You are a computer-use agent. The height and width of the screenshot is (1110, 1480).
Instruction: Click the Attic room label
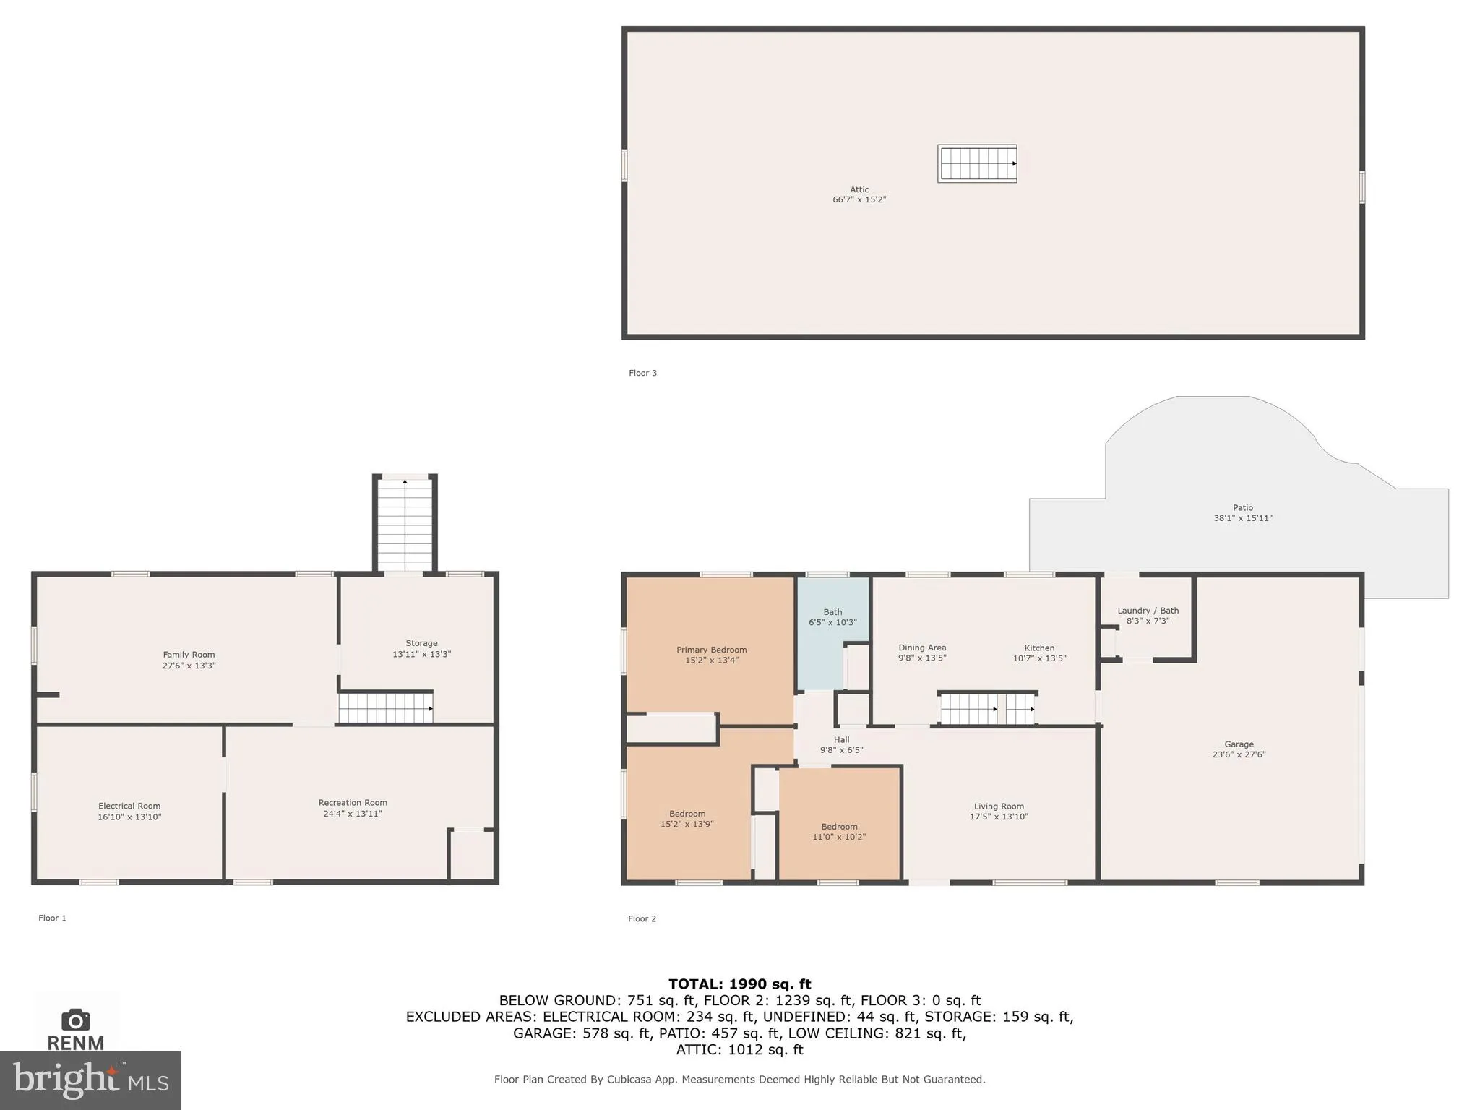(x=859, y=189)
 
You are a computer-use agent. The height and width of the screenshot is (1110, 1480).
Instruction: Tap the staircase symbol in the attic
(x=977, y=163)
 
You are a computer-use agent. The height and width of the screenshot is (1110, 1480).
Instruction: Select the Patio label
(x=1242, y=507)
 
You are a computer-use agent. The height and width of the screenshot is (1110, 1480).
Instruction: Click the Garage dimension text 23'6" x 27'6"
(x=1239, y=754)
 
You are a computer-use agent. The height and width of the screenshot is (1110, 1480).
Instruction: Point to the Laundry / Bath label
(x=1148, y=611)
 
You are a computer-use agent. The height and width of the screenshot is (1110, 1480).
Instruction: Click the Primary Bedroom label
(x=711, y=650)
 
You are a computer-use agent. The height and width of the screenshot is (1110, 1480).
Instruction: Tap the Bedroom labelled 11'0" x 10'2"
(x=839, y=832)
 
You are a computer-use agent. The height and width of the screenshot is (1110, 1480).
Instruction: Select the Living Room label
(x=999, y=806)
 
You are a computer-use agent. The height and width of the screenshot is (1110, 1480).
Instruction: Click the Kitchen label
(x=1039, y=648)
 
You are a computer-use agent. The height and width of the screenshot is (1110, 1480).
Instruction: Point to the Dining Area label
(x=922, y=648)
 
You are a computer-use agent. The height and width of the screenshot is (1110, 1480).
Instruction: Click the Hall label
(x=841, y=739)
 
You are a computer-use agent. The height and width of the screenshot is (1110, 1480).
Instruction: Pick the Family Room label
(x=189, y=655)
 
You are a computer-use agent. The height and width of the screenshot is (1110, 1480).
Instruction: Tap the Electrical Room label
(x=129, y=806)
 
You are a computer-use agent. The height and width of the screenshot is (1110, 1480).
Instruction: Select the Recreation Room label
(x=353, y=802)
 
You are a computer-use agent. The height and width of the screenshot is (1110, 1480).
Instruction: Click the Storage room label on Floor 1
(x=421, y=643)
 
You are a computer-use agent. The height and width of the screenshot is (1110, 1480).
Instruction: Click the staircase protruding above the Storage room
(x=405, y=525)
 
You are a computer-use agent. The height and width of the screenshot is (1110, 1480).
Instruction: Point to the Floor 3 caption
(x=642, y=373)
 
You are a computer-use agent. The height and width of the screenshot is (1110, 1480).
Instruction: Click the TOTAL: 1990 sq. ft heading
(x=739, y=984)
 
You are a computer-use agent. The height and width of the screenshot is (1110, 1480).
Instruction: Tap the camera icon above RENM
(x=75, y=1020)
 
